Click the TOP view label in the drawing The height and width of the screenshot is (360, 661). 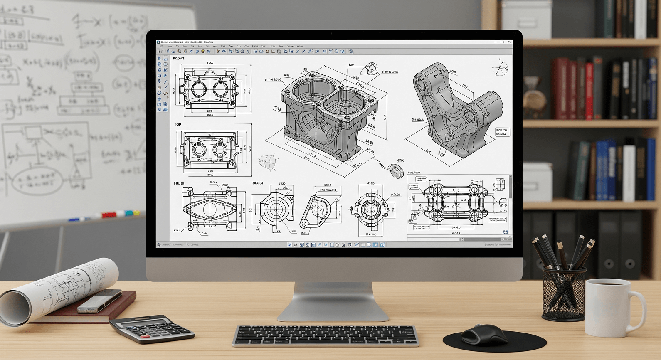click(x=178, y=124)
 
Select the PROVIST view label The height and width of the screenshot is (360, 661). click(x=178, y=59)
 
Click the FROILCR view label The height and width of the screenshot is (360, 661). click(x=257, y=183)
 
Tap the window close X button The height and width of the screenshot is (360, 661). click(x=509, y=42)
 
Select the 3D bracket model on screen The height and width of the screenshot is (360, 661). click(x=455, y=112)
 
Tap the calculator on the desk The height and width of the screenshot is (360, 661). click(x=152, y=328)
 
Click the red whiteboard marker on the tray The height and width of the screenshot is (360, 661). click(x=109, y=215)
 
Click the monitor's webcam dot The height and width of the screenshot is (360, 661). click(x=331, y=33)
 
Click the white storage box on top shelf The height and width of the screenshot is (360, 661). click(x=526, y=19)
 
